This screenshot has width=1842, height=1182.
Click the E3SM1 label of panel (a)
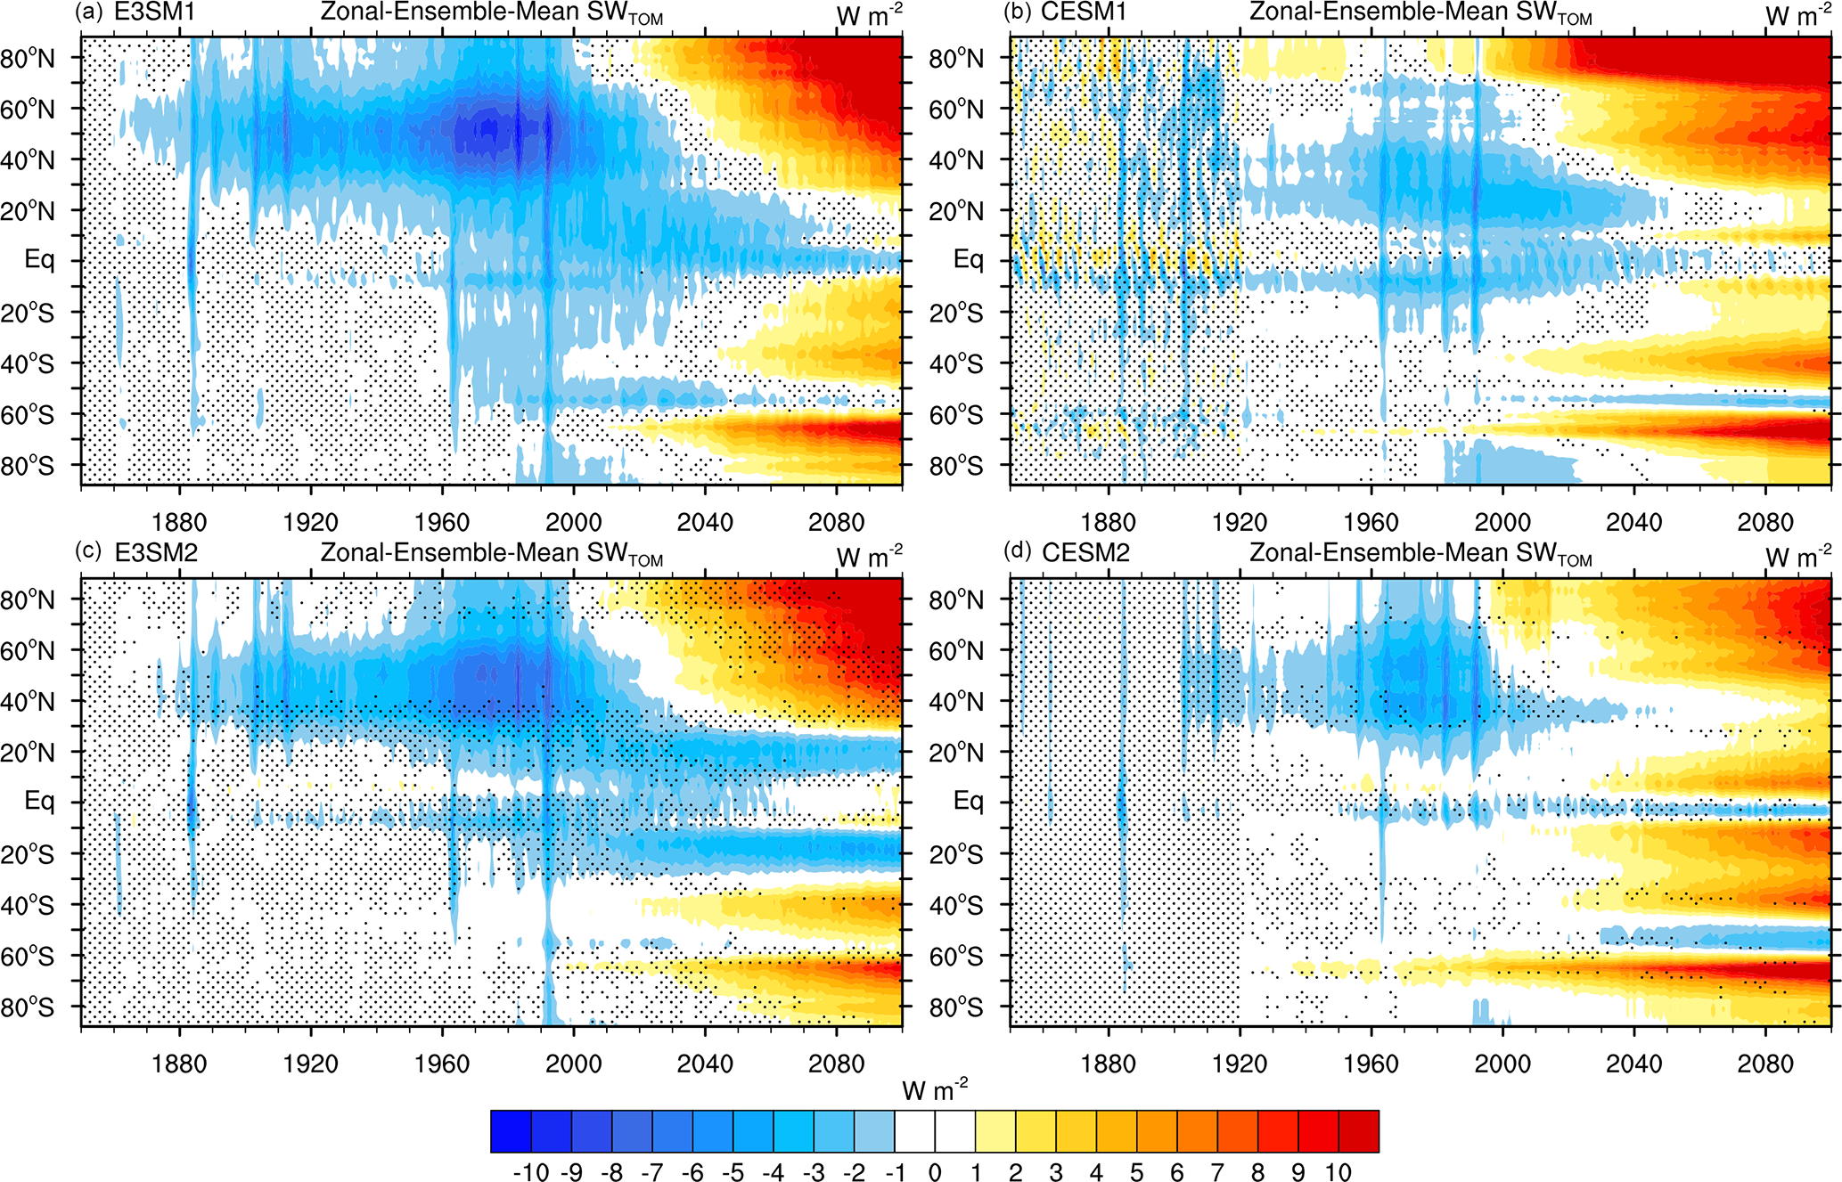154,12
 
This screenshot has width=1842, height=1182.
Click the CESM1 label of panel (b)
1084,12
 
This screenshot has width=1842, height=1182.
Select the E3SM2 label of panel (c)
156,553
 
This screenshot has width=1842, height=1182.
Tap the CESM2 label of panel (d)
1085,553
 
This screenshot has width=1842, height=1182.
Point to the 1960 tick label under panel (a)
442,522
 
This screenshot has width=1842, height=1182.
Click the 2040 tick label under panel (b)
1633,522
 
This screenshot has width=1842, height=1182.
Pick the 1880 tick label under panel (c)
179,1064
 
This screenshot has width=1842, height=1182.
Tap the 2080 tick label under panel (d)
1764,1064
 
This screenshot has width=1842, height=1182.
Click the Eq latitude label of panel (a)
39,260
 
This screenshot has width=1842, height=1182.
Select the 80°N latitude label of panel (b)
956,59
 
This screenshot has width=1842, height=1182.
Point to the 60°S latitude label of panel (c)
28,957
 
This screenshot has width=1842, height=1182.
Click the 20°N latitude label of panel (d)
956,753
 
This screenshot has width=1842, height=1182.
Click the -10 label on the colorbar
531,1172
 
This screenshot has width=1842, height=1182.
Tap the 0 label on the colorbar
935,1172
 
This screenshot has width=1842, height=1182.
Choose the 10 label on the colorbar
1339,1172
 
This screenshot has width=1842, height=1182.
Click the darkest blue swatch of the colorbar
511,1131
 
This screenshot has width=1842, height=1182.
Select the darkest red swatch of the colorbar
1359,1131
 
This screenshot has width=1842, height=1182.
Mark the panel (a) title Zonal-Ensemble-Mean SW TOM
491,13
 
